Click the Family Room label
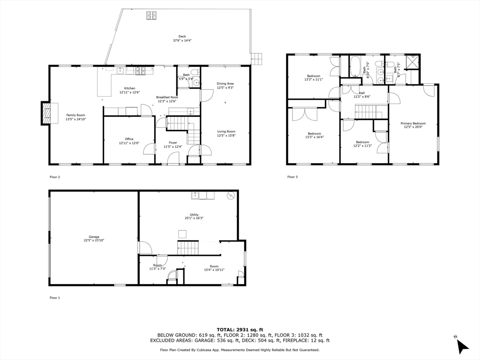pyautogui.click(x=76, y=115)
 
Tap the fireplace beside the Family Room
pyautogui.click(x=46, y=113)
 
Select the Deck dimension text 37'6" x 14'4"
pyautogui.click(x=182, y=41)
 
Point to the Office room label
pyautogui.click(x=129, y=139)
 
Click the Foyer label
pyautogui.click(x=173, y=142)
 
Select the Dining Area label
pyautogui.click(x=225, y=83)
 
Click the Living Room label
pyautogui.click(x=226, y=131)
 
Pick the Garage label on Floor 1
pyautogui.click(x=94, y=237)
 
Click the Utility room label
pyautogui.click(x=194, y=215)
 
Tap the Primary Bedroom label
pyautogui.click(x=413, y=123)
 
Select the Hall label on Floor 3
pyautogui.click(x=362, y=93)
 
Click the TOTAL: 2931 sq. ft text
pyautogui.click(x=240, y=330)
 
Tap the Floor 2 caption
pyautogui.click(x=55, y=177)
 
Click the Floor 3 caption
pyautogui.click(x=292, y=177)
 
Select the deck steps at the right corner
pyautogui.click(x=256, y=59)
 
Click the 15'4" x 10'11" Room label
pyautogui.click(x=214, y=268)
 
